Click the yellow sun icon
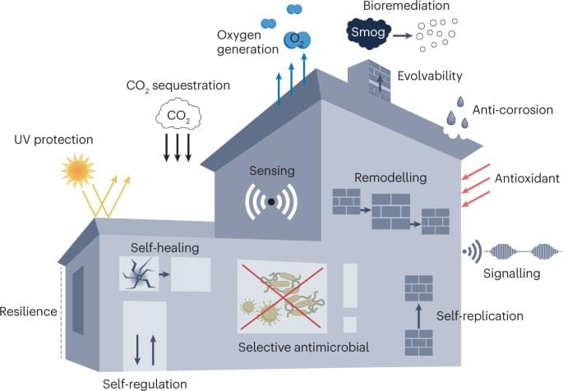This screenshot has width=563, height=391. [77, 172]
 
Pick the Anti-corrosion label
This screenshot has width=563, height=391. [514, 110]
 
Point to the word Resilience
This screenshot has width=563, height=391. [29, 311]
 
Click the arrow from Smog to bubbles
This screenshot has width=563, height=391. [399, 35]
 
